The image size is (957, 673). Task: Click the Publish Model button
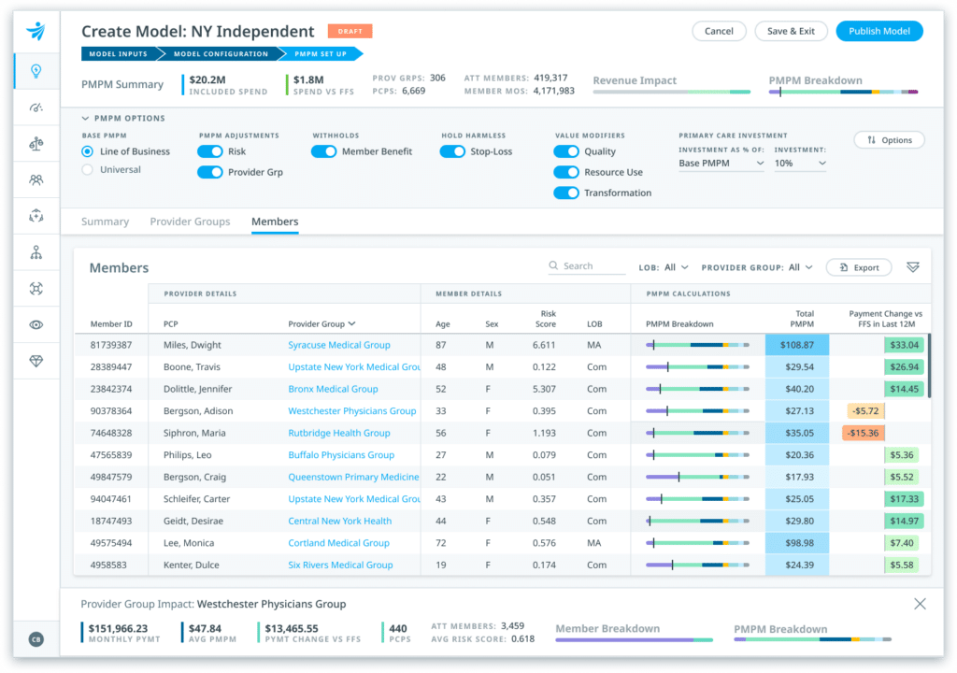point(879,31)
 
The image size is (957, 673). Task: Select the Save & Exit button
point(791,31)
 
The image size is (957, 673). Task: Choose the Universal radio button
point(88,170)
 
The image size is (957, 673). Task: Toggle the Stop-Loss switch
point(452,151)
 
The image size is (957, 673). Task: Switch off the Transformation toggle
point(566,193)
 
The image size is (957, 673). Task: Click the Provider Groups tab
point(190,222)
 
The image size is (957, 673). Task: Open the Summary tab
point(105,222)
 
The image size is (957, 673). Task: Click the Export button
point(859,267)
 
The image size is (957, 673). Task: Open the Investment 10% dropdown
point(800,164)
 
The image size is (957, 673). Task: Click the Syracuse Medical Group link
point(339,345)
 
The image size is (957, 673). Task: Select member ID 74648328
point(111,433)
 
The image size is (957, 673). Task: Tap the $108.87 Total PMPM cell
point(796,345)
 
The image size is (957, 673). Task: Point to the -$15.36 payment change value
point(863,433)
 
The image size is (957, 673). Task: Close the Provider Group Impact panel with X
point(920,604)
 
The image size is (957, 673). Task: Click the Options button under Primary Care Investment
point(889,140)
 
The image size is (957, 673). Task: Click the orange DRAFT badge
point(350,31)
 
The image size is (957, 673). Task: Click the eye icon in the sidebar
point(36,324)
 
